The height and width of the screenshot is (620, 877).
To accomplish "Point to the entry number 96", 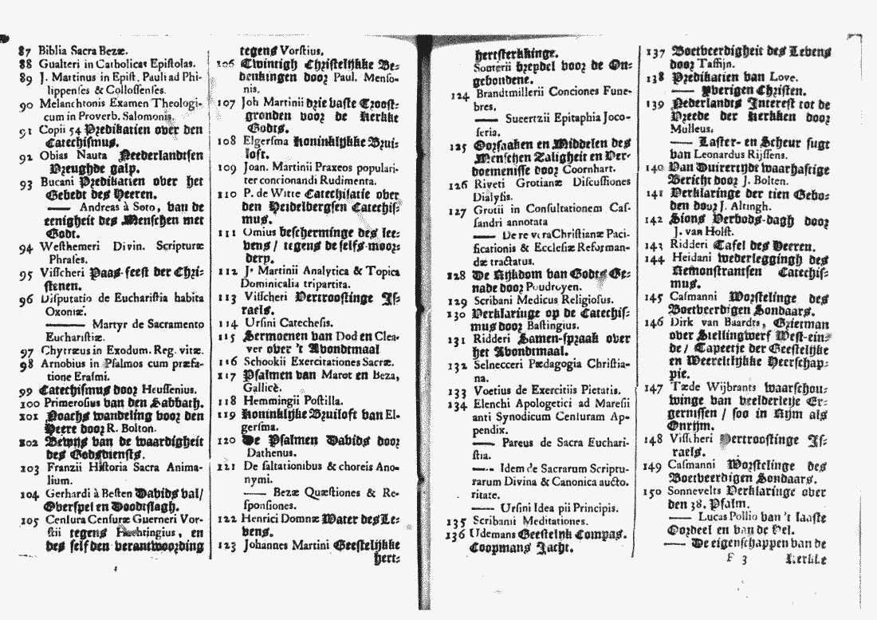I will [26, 301].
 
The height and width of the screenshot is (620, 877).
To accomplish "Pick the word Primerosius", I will [73, 403].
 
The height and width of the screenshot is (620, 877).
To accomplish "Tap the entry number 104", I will [29, 493].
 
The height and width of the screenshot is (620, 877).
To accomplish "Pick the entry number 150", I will [654, 492].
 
